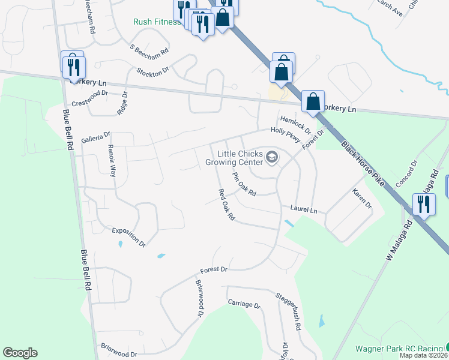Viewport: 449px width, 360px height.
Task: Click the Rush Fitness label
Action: tap(157, 22)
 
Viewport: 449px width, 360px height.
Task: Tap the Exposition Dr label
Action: tap(129, 237)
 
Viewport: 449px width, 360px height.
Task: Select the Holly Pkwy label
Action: tap(285, 134)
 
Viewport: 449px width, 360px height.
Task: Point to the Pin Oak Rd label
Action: tap(244, 185)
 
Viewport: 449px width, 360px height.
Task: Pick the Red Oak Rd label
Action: tap(226, 205)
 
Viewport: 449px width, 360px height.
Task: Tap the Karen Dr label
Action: tap(362, 199)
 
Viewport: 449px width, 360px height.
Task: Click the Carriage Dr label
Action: tap(244, 305)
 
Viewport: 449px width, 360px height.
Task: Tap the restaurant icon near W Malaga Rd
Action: tap(424, 205)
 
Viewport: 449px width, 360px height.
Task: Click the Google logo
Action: tap(20, 353)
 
